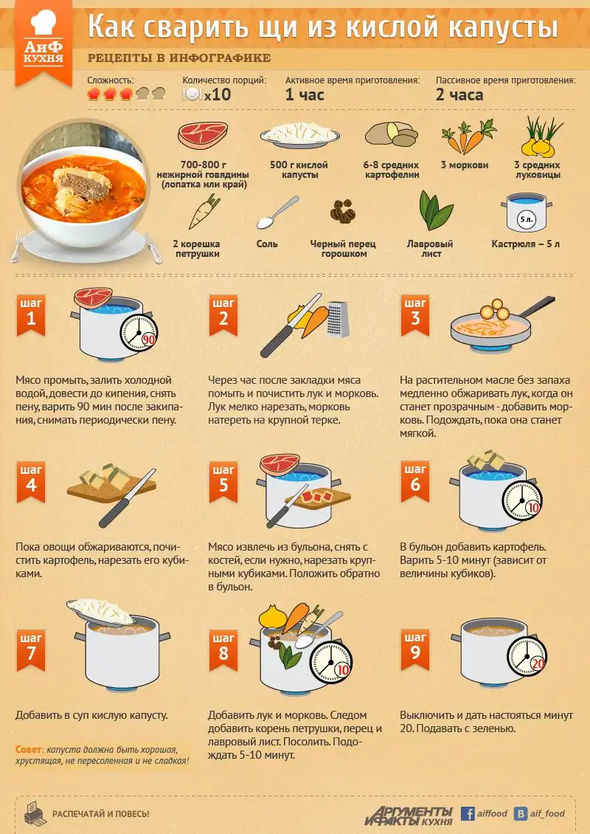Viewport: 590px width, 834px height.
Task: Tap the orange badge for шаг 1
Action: pyautogui.click(x=31, y=315)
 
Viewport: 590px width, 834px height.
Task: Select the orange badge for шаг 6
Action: pyautogui.click(x=415, y=481)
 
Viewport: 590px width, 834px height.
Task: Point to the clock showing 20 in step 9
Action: pyautogui.click(x=527, y=656)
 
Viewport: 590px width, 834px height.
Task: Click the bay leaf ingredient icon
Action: pyautogui.click(x=436, y=210)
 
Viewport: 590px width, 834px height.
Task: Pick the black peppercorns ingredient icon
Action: pyautogui.click(x=343, y=211)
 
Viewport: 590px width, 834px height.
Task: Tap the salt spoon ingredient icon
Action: pyautogui.click(x=277, y=213)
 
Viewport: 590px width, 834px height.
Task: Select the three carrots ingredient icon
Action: pyautogui.click(x=468, y=137)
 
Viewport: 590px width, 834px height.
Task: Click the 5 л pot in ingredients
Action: pyautogui.click(x=526, y=213)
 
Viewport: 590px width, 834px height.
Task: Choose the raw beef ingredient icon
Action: pyautogui.click(x=203, y=135)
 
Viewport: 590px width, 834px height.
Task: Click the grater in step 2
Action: pyautogui.click(x=338, y=319)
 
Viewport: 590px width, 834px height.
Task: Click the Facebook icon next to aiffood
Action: pyautogui.click(x=468, y=813)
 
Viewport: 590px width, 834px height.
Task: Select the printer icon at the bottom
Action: pyautogui.click(x=35, y=813)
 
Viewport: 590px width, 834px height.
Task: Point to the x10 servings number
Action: pyautogui.click(x=218, y=94)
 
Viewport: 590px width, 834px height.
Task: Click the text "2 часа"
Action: pyautogui.click(x=459, y=95)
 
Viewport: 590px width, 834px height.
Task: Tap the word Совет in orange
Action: pyautogui.click(x=29, y=749)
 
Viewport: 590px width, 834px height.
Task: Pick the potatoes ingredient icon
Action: pyautogui.click(x=391, y=134)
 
